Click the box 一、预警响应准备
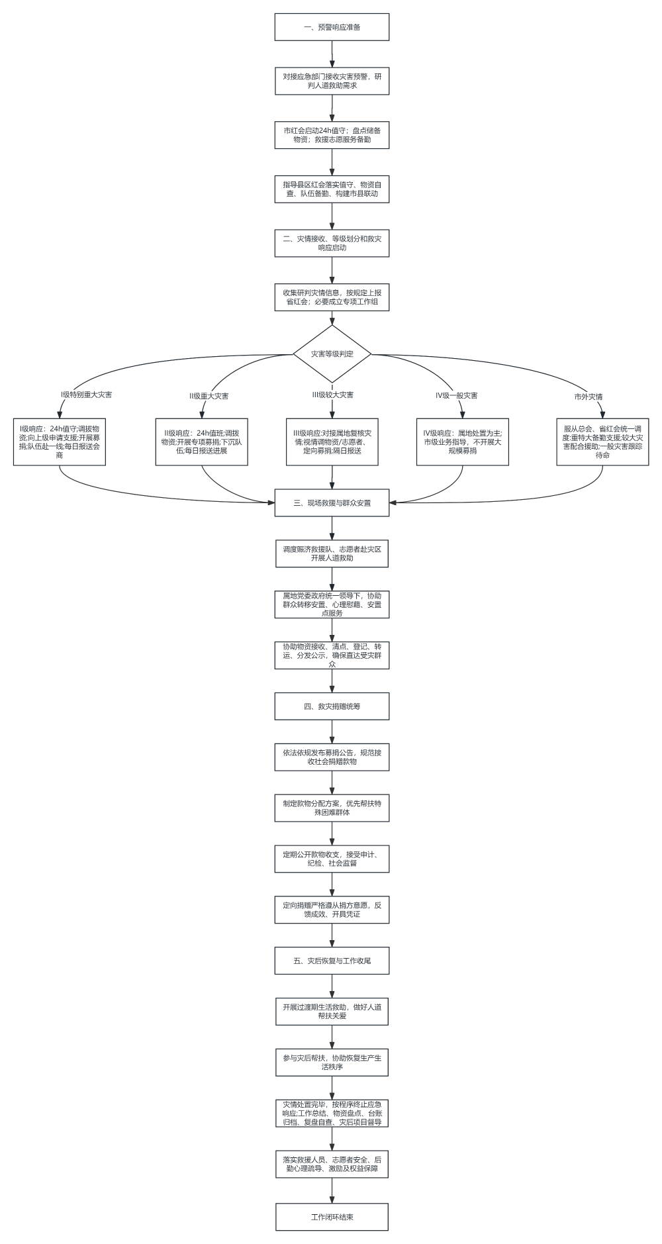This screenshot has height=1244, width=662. click(332, 27)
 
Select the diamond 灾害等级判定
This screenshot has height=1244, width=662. click(332, 354)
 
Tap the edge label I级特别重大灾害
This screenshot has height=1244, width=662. click(86, 395)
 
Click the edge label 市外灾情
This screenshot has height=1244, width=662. click(589, 397)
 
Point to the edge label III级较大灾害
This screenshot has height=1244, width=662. click(333, 395)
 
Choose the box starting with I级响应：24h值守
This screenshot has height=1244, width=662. click(60, 442)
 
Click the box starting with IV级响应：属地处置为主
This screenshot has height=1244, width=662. click(463, 442)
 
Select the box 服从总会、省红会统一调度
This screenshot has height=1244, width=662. click(602, 442)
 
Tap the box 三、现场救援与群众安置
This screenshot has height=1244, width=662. click(332, 502)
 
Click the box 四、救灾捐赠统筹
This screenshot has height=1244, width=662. click(332, 706)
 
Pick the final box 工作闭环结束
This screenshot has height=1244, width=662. click(332, 1217)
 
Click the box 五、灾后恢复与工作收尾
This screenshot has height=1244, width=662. click(332, 961)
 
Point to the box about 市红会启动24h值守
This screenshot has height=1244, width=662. click(332, 135)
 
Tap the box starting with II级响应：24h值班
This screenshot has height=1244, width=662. click(202, 442)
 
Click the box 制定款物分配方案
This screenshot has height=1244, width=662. click(332, 808)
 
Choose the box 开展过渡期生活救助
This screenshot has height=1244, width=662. click(332, 1011)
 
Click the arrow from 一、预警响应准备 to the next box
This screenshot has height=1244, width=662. click(332, 54)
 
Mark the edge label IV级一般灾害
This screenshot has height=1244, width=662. click(456, 395)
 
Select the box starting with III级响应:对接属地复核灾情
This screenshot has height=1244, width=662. click(332, 442)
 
